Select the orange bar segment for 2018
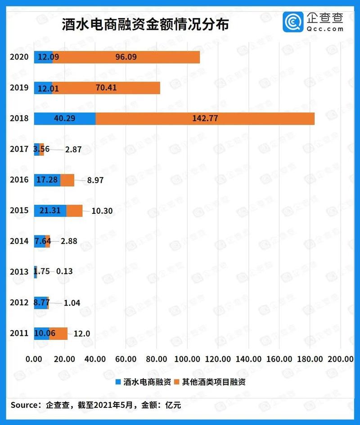[205, 118]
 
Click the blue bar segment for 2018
[64, 118]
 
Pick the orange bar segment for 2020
[126, 57]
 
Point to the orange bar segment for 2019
[106, 88]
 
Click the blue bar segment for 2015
[50, 210]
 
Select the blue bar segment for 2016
[47, 180]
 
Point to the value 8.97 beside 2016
[95, 180]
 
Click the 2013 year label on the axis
[19, 271]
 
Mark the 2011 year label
[19, 333]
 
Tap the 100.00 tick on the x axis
[187, 359]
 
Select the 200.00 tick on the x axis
[340, 359]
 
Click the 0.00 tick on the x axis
[34, 359]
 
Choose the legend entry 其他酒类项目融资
[215, 382]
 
